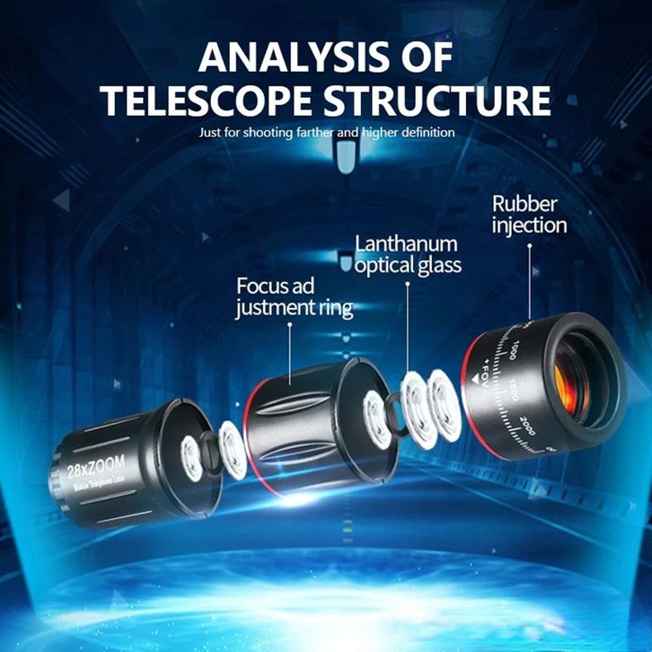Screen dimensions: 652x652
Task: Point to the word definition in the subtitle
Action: pyautogui.click(x=427, y=133)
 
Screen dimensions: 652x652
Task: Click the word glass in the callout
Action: pyautogui.click(x=436, y=265)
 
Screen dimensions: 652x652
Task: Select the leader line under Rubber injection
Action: pyautogui.click(x=529, y=278)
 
